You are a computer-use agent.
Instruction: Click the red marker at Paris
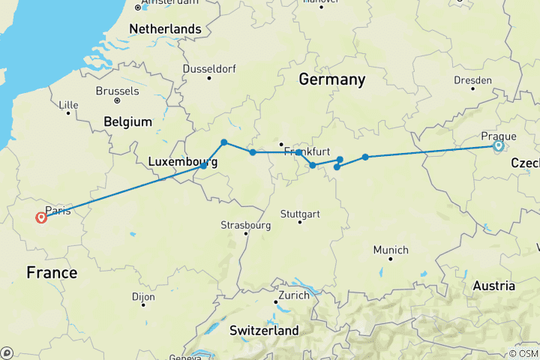(x=41, y=217)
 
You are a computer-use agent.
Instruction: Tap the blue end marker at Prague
(x=498, y=146)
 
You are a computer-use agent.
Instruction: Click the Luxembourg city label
(x=183, y=161)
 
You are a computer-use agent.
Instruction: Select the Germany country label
(x=331, y=79)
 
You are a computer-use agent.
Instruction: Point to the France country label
(x=52, y=273)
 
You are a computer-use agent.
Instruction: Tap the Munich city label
(x=391, y=250)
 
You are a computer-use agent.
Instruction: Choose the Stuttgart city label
(x=301, y=214)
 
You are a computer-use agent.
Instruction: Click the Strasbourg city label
(x=245, y=225)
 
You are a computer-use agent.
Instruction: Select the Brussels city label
(x=116, y=91)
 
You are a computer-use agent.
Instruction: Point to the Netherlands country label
(x=166, y=29)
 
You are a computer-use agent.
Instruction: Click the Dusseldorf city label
(x=209, y=68)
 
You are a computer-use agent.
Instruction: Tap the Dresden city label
(x=472, y=80)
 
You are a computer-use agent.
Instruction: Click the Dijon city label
(x=142, y=297)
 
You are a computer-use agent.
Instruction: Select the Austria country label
(x=493, y=286)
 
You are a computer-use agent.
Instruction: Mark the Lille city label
(x=68, y=104)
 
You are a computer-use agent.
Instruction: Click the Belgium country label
(x=128, y=121)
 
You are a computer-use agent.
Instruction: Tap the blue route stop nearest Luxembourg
(x=203, y=166)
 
